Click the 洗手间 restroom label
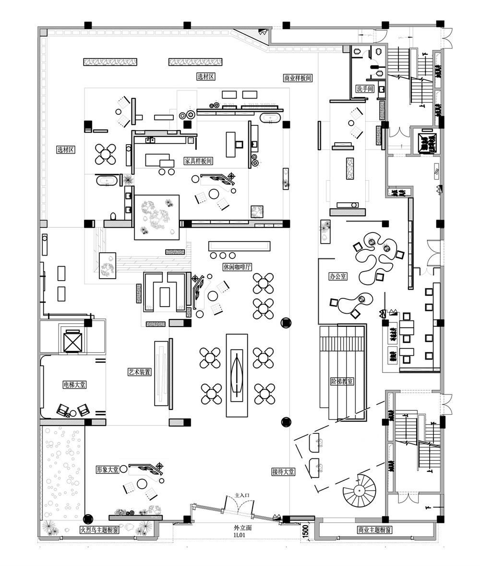click(365, 89)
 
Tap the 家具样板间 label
click(198, 161)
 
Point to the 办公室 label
click(338, 276)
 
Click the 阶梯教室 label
click(342, 381)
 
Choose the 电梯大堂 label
click(74, 385)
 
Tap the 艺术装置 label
click(140, 372)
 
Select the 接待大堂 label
click(283, 472)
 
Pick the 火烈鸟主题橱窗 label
click(99, 530)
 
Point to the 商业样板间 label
click(298, 78)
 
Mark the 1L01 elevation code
click(240, 534)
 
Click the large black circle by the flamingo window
click(87, 519)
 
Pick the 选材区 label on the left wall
click(65, 150)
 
